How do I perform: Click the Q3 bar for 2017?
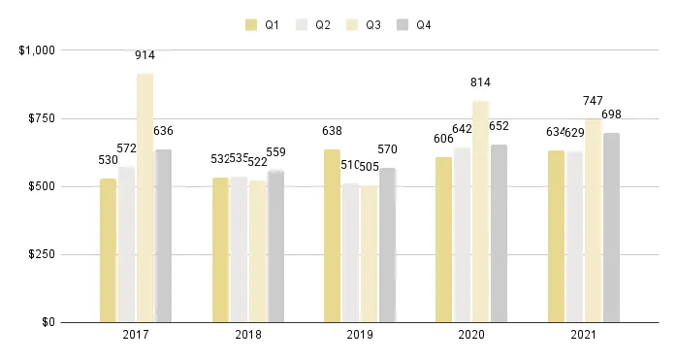145,198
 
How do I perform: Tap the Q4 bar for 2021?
611,227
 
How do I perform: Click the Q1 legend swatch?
251,24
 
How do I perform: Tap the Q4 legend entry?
414,24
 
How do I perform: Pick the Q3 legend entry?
364,24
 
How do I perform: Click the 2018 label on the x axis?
247,335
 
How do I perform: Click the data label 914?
145,56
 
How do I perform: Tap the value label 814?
480,83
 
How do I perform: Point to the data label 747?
593,102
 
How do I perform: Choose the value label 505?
369,166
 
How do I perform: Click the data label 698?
611,115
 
